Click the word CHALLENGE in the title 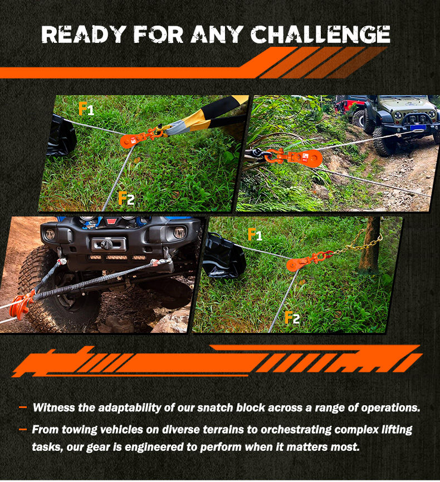(x=320, y=34)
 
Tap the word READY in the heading (x=84, y=34)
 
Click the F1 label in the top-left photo (x=86, y=109)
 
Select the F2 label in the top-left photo (x=126, y=198)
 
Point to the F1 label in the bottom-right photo (x=255, y=234)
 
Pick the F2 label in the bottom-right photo (x=292, y=318)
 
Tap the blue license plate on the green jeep (x=418, y=127)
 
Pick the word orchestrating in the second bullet (x=296, y=430)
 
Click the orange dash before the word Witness (x=23, y=407)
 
